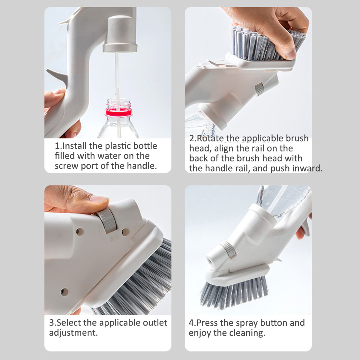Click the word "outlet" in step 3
155,323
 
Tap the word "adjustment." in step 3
73,333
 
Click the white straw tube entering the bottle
118,93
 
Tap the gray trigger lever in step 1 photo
57,76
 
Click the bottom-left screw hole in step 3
65,291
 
